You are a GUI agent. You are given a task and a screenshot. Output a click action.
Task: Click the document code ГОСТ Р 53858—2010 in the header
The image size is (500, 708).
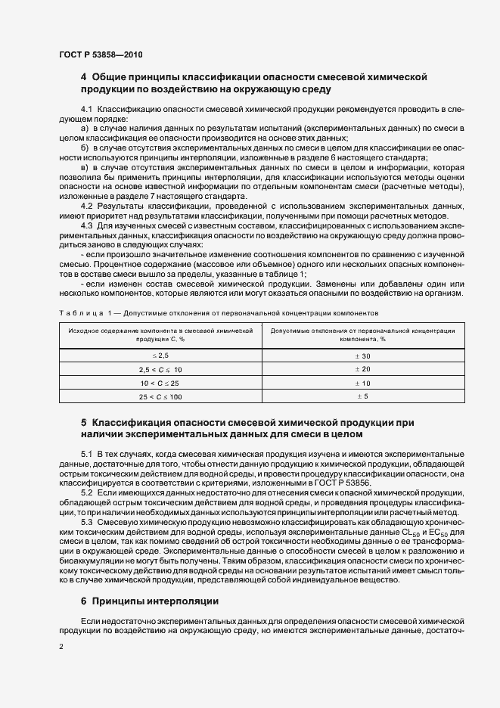(100, 55)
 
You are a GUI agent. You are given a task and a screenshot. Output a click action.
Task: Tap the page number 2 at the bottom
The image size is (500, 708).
(61, 647)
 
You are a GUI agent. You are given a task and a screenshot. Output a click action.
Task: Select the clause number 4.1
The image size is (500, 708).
(86, 111)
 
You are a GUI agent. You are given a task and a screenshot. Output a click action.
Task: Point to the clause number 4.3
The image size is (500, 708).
(86, 225)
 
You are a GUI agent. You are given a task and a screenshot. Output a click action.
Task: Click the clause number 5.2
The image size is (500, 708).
(86, 492)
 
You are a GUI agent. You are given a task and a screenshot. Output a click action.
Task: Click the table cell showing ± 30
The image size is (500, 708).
(362, 355)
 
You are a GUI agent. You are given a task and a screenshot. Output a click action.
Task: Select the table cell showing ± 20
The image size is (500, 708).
(362, 369)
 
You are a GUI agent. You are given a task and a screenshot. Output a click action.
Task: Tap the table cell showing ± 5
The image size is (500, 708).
(362, 396)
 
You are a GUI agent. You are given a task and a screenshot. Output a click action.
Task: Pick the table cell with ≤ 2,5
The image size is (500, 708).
(160, 355)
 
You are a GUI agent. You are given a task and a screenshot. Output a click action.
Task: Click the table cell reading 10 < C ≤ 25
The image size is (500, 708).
(160, 383)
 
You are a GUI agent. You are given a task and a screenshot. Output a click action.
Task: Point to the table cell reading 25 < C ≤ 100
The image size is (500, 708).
(160, 396)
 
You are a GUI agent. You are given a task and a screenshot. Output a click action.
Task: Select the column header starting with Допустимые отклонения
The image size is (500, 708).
(362, 335)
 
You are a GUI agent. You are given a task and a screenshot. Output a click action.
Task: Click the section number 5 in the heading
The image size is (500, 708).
(84, 421)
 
